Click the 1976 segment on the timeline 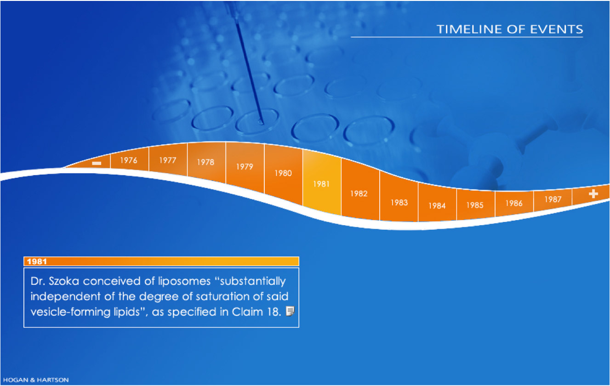(129, 160)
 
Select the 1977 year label (168, 160)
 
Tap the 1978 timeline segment (206, 162)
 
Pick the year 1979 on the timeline (245, 167)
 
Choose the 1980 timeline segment (283, 173)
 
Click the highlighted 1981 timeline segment (322, 184)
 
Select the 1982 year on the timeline (359, 193)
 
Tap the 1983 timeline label (399, 203)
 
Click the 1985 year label (475, 205)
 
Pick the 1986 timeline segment (514, 203)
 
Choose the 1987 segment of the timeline (553, 199)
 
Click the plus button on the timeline (593, 194)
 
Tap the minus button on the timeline (97, 163)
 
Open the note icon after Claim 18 (291, 311)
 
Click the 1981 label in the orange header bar (37, 261)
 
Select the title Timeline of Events (510, 29)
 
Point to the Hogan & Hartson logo (36, 380)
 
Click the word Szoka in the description (64, 281)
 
